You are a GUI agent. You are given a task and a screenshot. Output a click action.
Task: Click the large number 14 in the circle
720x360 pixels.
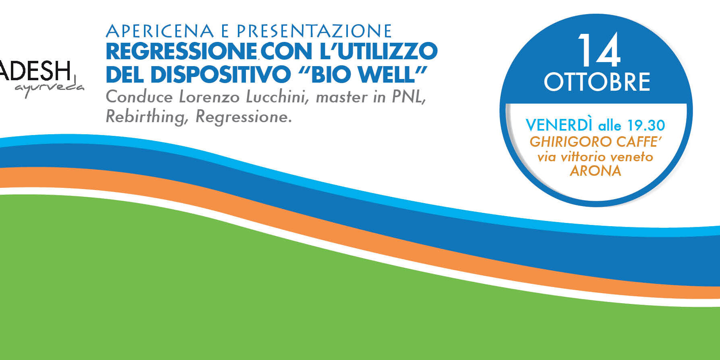[x=598, y=51]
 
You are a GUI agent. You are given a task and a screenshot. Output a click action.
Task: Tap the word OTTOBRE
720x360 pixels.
[x=597, y=82]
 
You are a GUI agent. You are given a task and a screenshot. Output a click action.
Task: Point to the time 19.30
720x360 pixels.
[x=646, y=125]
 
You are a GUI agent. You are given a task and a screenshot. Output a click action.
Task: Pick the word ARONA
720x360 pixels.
[x=595, y=171]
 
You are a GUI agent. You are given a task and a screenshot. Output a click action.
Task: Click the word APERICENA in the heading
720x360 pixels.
[x=160, y=31]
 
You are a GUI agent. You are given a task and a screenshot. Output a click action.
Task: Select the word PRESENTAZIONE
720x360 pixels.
[x=314, y=31]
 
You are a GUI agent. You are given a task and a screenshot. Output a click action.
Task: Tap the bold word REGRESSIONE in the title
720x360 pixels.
[x=181, y=51]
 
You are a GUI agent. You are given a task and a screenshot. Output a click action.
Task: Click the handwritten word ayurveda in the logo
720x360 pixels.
[x=49, y=89]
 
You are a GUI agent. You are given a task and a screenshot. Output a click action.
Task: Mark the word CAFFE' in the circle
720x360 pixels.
[x=640, y=142]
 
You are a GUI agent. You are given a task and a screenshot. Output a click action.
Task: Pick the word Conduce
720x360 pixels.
[x=139, y=97]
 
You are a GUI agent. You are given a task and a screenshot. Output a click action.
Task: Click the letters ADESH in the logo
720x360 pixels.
[x=35, y=71]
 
